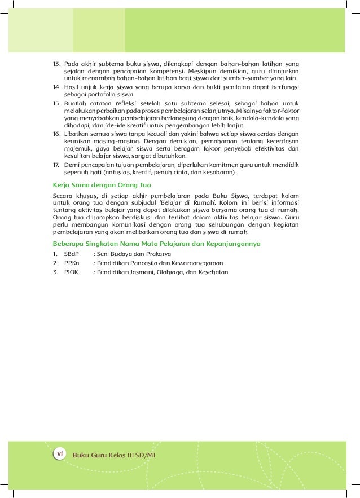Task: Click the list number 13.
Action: (x=56, y=64)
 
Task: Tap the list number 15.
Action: (x=56, y=104)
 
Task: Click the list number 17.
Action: (x=56, y=165)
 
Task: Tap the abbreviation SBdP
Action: (x=72, y=254)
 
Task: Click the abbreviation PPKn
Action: (x=72, y=263)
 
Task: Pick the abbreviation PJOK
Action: (x=72, y=272)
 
